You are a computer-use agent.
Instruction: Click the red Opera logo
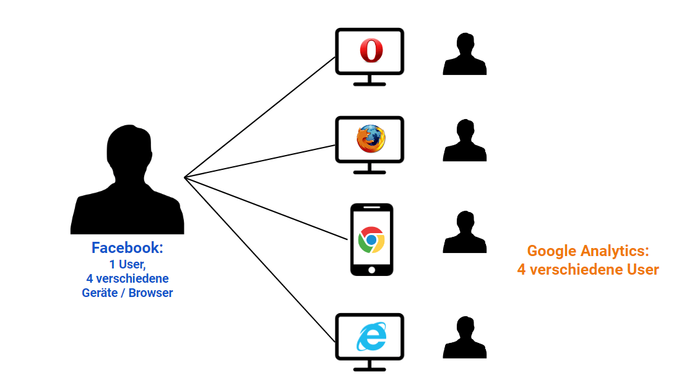pyautogui.click(x=371, y=50)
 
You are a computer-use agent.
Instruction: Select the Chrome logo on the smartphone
pyautogui.click(x=371, y=239)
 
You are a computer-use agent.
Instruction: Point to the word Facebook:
pyautogui.click(x=127, y=248)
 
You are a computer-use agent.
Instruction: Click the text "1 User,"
pyautogui.click(x=127, y=264)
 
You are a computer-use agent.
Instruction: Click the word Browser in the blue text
pyautogui.click(x=151, y=293)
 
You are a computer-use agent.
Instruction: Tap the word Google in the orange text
pyautogui.click(x=552, y=251)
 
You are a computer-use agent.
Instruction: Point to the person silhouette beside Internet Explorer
pyautogui.click(x=464, y=339)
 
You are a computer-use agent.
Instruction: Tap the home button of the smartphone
pyautogui.click(x=371, y=270)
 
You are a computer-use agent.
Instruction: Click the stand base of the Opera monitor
pyautogui.click(x=370, y=84)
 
